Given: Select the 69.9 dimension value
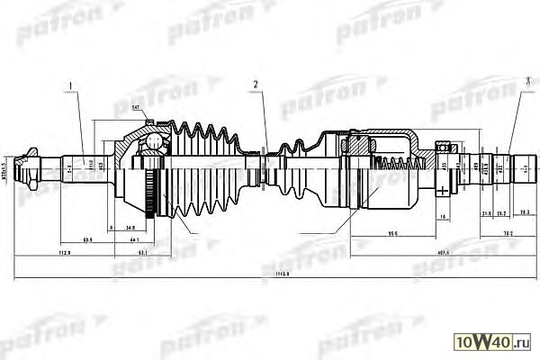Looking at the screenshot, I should (87, 241).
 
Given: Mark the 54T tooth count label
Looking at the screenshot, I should (136, 109).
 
